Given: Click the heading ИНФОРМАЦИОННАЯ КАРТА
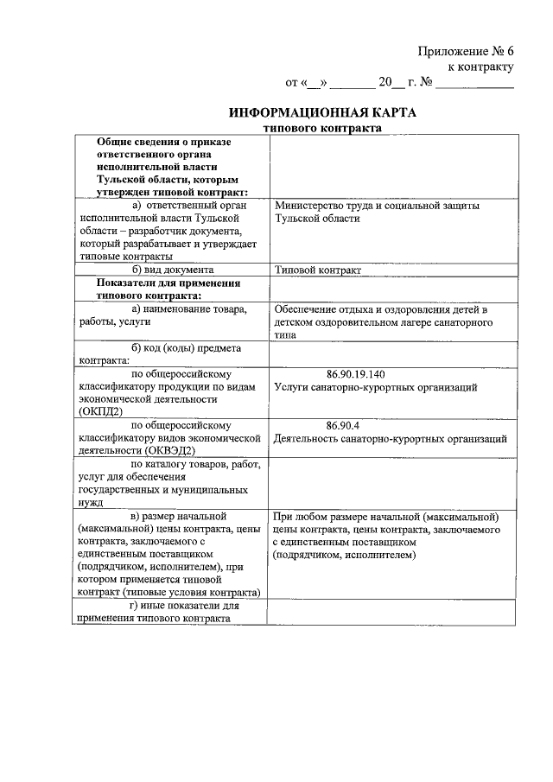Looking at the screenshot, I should (x=322, y=113).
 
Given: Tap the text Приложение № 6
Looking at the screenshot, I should (x=467, y=51).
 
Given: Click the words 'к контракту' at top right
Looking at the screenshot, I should (x=480, y=67).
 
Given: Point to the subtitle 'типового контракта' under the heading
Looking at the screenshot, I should (x=322, y=128).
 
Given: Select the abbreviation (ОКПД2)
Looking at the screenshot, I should (x=101, y=412).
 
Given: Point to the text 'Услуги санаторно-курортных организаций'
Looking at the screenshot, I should (x=375, y=388).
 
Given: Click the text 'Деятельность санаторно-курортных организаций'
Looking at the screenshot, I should (x=390, y=438).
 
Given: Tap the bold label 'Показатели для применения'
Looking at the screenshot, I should (x=168, y=283).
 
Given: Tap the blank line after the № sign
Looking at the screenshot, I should (x=474, y=85).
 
